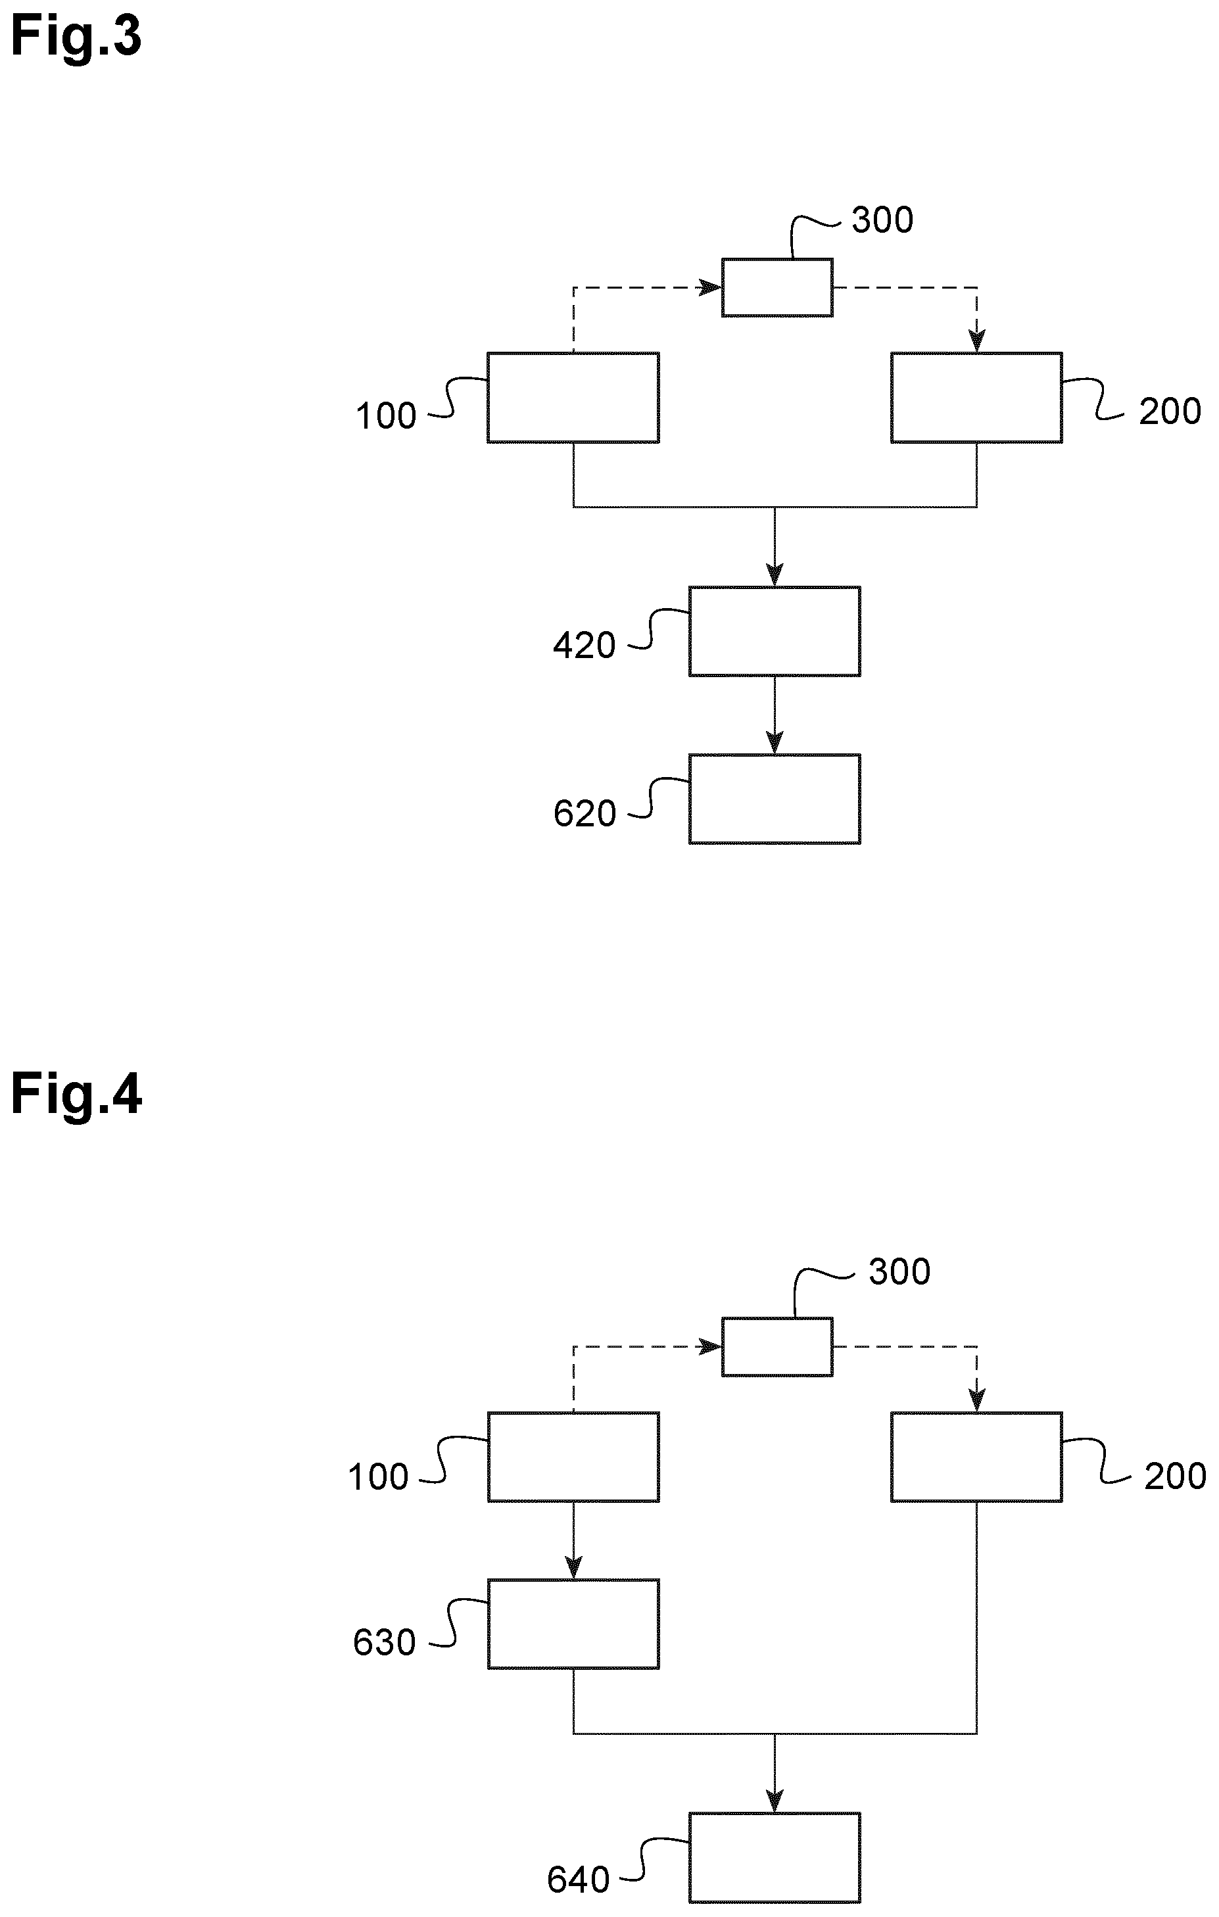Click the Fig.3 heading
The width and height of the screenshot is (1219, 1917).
(76, 37)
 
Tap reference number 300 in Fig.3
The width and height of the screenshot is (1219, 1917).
(882, 220)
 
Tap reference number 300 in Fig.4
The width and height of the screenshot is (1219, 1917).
(899, 1272)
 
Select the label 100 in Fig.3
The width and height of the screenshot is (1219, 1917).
(385, 416)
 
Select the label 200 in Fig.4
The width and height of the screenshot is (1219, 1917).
(1175, 1477)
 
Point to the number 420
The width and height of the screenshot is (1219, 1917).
(585, 646)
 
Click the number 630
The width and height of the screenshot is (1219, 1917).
(384, 1643)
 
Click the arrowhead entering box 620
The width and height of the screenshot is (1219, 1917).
(775, 743)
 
